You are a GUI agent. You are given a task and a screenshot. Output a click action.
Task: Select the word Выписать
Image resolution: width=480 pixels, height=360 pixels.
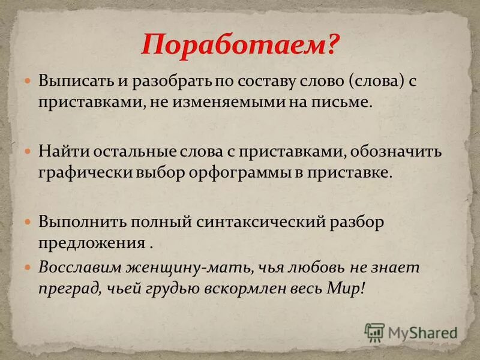71,81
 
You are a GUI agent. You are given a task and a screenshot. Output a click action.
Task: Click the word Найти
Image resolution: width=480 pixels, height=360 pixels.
58,151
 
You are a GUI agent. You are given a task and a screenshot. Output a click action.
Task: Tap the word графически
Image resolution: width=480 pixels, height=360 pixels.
81,173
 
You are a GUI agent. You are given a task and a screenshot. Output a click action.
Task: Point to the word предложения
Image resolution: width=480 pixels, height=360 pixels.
92,243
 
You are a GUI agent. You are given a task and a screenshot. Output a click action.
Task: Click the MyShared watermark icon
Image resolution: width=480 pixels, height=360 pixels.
374,332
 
